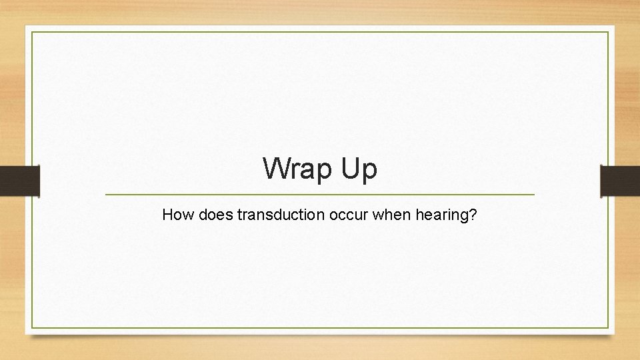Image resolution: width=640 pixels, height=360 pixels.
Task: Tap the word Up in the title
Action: tap(360, 169)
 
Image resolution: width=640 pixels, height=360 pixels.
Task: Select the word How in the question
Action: tap(176, 215)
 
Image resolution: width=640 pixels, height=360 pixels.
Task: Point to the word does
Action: tap(212, 215)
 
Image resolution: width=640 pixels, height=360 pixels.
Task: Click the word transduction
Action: tap(273, 215)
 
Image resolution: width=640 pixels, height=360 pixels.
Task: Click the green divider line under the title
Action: tap(320, 195)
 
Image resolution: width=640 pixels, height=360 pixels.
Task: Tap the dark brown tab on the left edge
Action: tap(19, 181)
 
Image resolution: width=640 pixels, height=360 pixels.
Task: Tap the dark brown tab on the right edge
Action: tap(620, 181)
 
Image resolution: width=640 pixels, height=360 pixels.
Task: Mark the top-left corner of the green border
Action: tap(31, 31)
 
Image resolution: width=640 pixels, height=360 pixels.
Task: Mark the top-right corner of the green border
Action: tap(609, 31)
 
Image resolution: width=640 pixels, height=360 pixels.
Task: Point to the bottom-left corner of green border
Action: tap(31, 328)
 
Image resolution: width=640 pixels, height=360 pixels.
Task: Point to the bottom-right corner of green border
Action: tap(609, 328)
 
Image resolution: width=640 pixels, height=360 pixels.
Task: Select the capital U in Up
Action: tap(352, 169)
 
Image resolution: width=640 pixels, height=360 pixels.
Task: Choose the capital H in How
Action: tap(168, 215)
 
